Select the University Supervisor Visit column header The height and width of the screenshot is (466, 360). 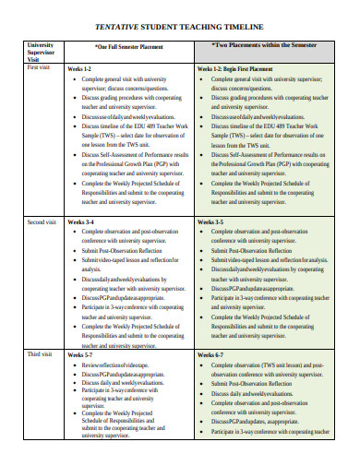[x=41, y=50]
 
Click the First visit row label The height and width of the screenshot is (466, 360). [x=40, y=67]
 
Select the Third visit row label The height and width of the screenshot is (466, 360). [x=40, y=354]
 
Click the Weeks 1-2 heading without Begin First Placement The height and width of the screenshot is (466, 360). [x=79, y=68]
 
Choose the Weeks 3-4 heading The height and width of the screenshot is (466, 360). [x=79, y=223]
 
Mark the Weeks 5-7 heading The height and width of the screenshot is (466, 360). [x=79, y=354]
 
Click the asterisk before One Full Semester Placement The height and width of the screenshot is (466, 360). [x=97, y=44]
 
